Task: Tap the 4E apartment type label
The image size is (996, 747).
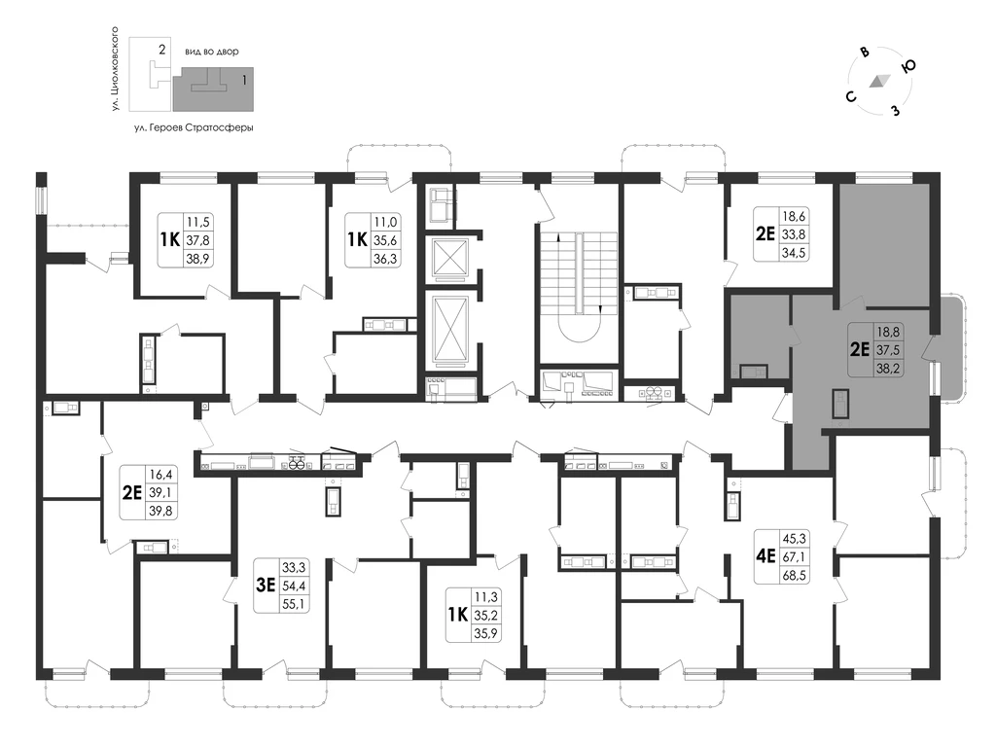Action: (765, 556)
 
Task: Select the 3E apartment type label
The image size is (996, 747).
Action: (266, 585)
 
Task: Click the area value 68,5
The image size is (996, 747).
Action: (794, 575)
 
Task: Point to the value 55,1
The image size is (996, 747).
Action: (294, 603)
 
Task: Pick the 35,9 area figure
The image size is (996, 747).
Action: (486, 632)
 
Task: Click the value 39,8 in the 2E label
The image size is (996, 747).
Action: (161, 510)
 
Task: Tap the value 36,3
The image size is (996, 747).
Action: (385, 258)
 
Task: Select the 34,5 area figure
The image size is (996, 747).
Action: (794, 252)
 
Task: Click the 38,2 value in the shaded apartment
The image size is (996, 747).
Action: (888, 368)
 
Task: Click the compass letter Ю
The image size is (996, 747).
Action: (908, 66)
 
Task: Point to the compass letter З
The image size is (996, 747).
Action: (896, 111)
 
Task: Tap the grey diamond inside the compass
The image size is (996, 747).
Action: (879, 81)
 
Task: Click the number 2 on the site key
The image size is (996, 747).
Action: (162, 49)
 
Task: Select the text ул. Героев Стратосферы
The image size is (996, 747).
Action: (194, 127)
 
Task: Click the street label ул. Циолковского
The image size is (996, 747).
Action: (115, 69)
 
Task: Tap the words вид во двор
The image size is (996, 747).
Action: (212, 52)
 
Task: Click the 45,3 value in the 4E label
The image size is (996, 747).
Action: (794, 539)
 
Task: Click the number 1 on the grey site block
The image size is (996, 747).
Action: (244, 81)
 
